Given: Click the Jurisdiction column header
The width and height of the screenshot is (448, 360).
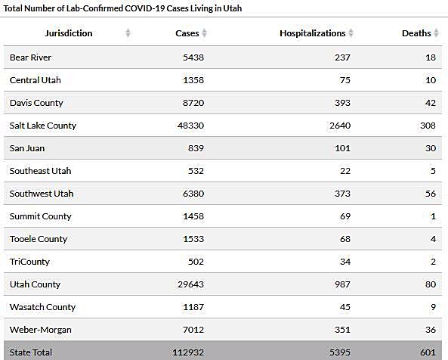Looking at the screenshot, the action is pyautogui.click(x=69, y=33).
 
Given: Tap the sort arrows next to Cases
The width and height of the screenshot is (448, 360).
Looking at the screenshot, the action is pyautogui.click(x=204, y=33).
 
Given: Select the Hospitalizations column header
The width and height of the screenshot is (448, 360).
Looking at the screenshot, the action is pyautogui.click(x=313, y=33).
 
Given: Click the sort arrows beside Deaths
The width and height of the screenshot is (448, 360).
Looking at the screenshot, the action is pyautogui.click(x=436, y=33).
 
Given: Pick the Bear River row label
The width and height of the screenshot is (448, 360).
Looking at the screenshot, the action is pyautogui.click(x=30, y=57).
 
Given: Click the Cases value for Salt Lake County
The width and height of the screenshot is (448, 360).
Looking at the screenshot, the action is pyautogui.click(x=190, y=126).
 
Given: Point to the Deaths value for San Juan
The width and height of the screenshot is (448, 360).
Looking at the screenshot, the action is pyautogui.click(x=431, y=148).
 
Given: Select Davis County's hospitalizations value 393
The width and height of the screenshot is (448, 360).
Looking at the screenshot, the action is pyautogui.click(x=342, y=103).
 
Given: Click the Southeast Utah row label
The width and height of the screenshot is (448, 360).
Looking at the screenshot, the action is pyautogui.click(x=40, y=171).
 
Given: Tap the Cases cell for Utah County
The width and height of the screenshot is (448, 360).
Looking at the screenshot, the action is pyautogui.click(x=190, y=284).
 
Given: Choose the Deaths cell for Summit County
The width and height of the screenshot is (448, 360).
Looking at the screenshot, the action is pyautogui.click(x=433, y=216).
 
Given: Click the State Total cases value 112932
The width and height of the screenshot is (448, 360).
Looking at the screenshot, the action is pyautogui.click(x=188, y=352).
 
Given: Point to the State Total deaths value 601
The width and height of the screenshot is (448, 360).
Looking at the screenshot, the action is pyautogui.click(x=428, y=352).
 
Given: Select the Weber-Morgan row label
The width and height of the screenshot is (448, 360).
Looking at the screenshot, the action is pyautogui.click(x=41, y=330).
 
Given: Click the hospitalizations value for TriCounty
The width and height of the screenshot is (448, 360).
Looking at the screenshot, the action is pyautogui.click(x=345, y=262).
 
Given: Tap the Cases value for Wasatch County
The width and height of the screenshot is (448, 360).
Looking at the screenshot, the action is pyautogui.click(x=193, y=307).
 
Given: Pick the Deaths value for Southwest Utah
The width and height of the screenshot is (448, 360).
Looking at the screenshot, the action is pyautogui.click(x=431, y=194).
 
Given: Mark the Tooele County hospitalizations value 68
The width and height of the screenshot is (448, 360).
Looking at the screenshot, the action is pyautogui.click(x=345, y=239).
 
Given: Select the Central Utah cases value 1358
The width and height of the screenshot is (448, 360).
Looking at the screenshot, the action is pyautogui.click(x=193, y=80).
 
